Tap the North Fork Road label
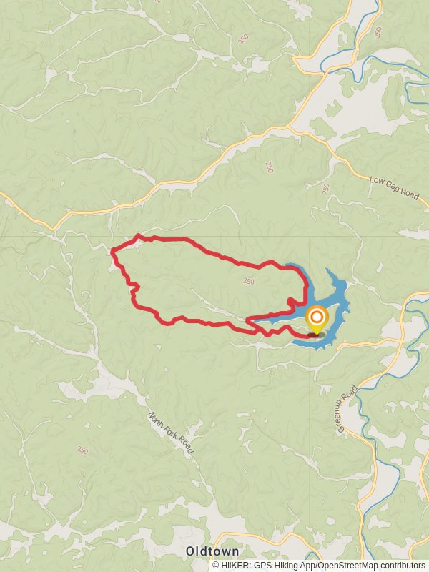coord(171,433)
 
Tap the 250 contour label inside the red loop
coord(248,281)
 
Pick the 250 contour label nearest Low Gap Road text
coord(326,188)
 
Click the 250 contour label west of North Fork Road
coord(82,450)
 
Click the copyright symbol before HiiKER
coord(216,565)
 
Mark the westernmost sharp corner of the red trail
coord(112,250)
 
